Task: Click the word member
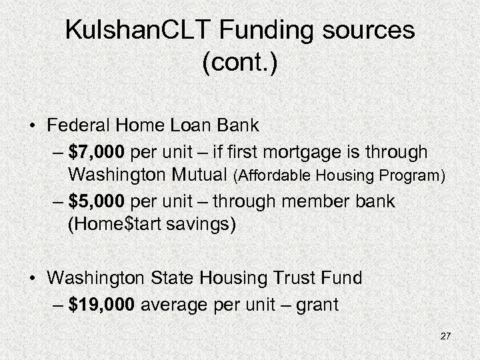(x=318, y=201)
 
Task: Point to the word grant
(x=315, y=305)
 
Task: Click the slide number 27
(x=445, y=336)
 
